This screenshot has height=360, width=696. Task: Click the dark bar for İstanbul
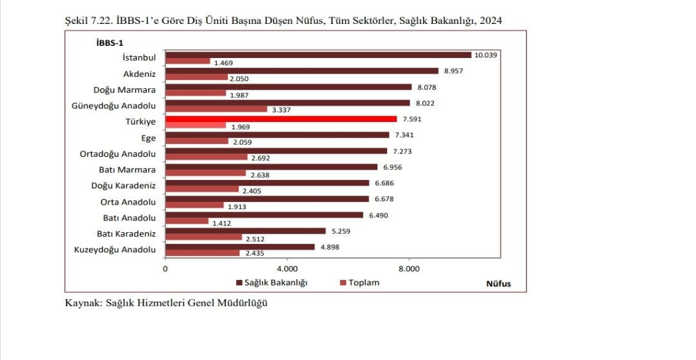click(x=318, y=55)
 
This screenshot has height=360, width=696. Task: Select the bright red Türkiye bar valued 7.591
click(x=281, y=119)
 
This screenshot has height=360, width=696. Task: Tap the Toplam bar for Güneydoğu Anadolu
click(x=216, y=109)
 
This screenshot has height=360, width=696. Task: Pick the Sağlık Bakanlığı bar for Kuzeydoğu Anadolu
click(x=240, y=247)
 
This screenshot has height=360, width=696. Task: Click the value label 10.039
click(x=486, y=55)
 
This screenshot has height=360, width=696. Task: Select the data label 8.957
click(x=453, y=71)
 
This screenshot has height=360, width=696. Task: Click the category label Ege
click(x=149, y=138)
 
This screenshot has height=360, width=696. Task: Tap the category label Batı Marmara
click(x=127, y=170)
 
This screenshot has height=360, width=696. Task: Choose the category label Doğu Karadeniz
click(x=123, y=186)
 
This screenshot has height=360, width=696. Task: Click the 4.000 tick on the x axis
click(x=287, y=269)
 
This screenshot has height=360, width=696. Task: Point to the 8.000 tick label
click(x=409, y=269)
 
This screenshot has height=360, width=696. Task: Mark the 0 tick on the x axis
click(x=166, y=269)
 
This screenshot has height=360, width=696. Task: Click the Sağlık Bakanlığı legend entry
click(x=272, y=283)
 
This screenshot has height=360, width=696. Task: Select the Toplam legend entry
click(x=359, y=283)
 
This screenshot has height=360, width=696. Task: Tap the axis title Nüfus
click(x=499, y=284)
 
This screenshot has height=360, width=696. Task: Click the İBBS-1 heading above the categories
click(x=110, y=43)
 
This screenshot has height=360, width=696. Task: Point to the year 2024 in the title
click(x=491, y=21)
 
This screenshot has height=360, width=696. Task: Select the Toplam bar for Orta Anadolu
click(x=194, y=205)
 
